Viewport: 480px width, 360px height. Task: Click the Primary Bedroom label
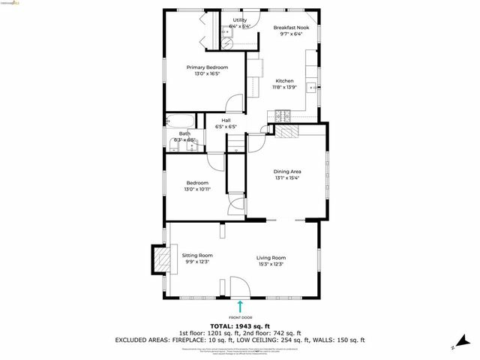click(207, 67)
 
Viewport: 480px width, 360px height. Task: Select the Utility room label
click(239, 20)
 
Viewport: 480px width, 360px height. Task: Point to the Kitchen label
click(284, 81)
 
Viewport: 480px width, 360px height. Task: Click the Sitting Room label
click(197, 256)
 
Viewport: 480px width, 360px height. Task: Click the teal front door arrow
click(240, 306)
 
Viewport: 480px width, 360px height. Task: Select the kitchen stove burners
click(283, 115)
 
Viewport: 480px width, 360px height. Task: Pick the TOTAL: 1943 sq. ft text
click(240, 326)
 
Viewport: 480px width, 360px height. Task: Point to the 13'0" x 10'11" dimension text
click(198, 189)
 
